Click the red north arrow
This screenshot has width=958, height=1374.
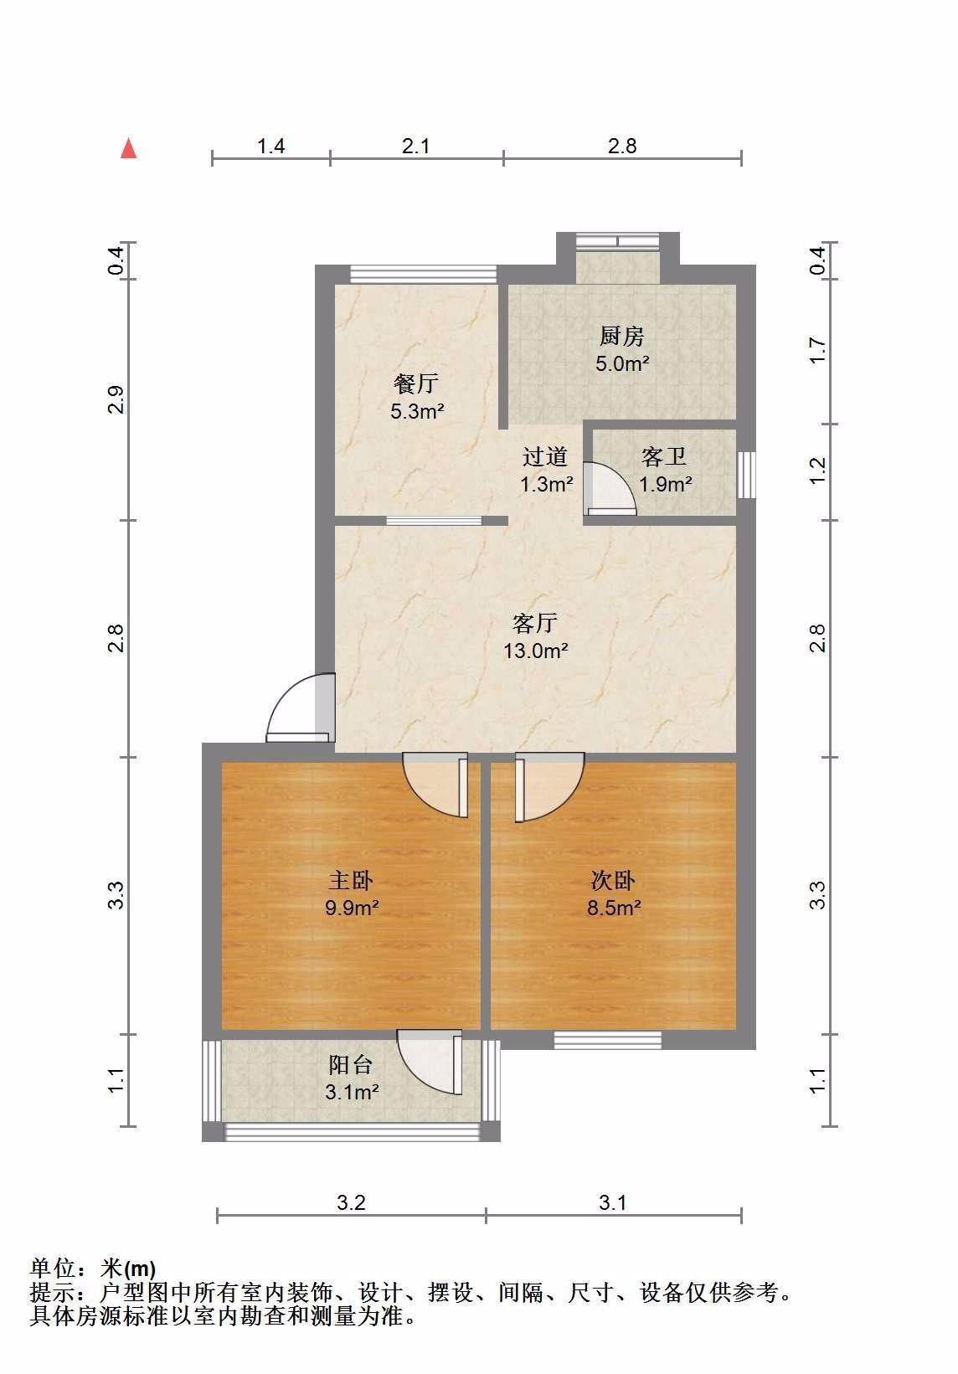(x=128, y=148)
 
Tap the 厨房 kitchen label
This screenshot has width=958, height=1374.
(x=622, y=336)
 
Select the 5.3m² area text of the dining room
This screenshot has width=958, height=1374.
(x=417, y=411)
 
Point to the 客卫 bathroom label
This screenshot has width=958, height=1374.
(x=663, y=457)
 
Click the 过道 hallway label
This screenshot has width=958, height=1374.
(x=545, y=457)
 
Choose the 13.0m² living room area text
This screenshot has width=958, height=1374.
(x=535, y=651)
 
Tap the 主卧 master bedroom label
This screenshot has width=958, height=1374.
(x=351, y=881)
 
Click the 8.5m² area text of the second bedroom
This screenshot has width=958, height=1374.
(x=614, y=908)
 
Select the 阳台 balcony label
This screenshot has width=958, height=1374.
(x=351, y=1065)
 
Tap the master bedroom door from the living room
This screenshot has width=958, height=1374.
(x=435, y=785)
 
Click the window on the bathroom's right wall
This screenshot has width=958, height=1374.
(x=746, y=475)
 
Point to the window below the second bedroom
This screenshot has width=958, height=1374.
(x=607, y=1040)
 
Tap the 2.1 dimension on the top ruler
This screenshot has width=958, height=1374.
(x=416, y=146)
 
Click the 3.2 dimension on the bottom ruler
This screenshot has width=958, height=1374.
(x=351, y=1203)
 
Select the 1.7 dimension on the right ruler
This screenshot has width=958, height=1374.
(x=818, y=350)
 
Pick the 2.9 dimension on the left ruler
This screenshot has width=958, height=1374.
(x=116, y=399)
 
